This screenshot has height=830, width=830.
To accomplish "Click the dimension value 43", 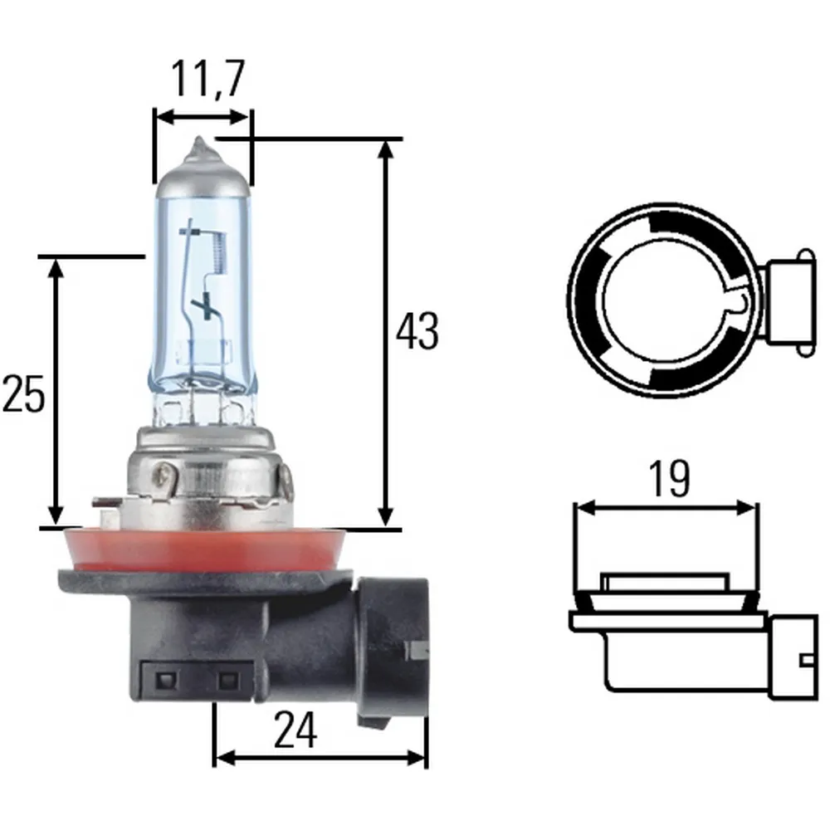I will pyautogui.click(x=417, y=332).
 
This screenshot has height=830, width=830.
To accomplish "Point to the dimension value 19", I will pyautogui.click(x=669, y=479).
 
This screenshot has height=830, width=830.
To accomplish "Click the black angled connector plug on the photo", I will pyautogui.click(x=390, y=647).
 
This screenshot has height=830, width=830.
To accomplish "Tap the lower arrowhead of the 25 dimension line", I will pyautogui.click(x=56, y=517).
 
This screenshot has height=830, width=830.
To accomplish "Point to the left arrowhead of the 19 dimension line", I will pyautogui.click(x=580, y=506).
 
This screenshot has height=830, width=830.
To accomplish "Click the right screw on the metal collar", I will pyautogui.click(x=287, y=482).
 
